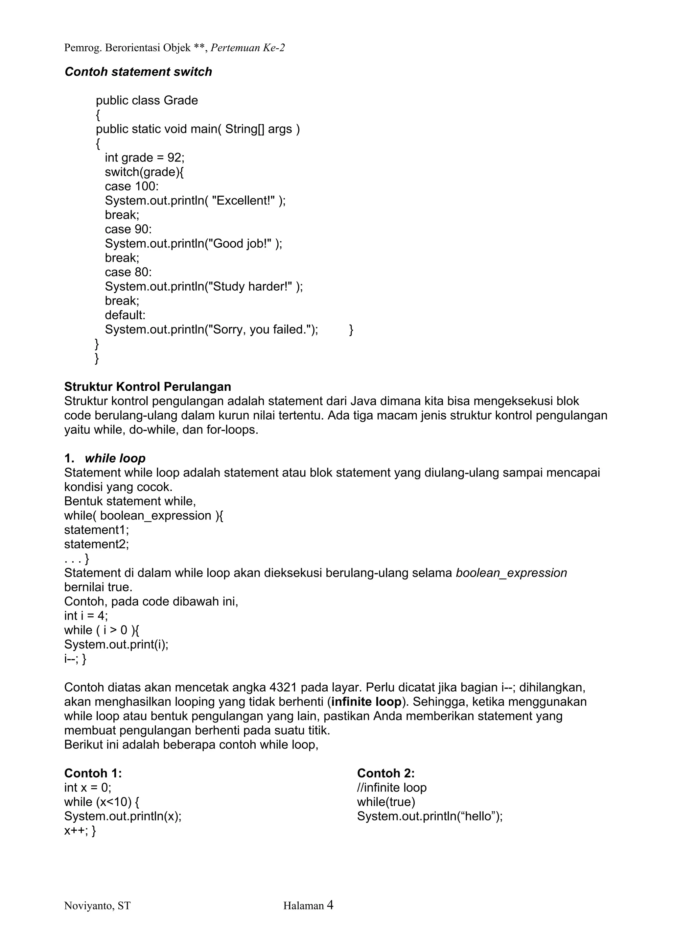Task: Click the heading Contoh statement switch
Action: click(138, 72)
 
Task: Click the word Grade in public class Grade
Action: click(181, 100)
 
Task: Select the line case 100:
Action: click(131, 186)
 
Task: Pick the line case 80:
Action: click(128, 272)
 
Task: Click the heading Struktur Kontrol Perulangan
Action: click(148, 387)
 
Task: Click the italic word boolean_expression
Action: click(511, 573)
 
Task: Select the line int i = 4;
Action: click(86, 616)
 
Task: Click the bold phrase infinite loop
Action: click(366, 701)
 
